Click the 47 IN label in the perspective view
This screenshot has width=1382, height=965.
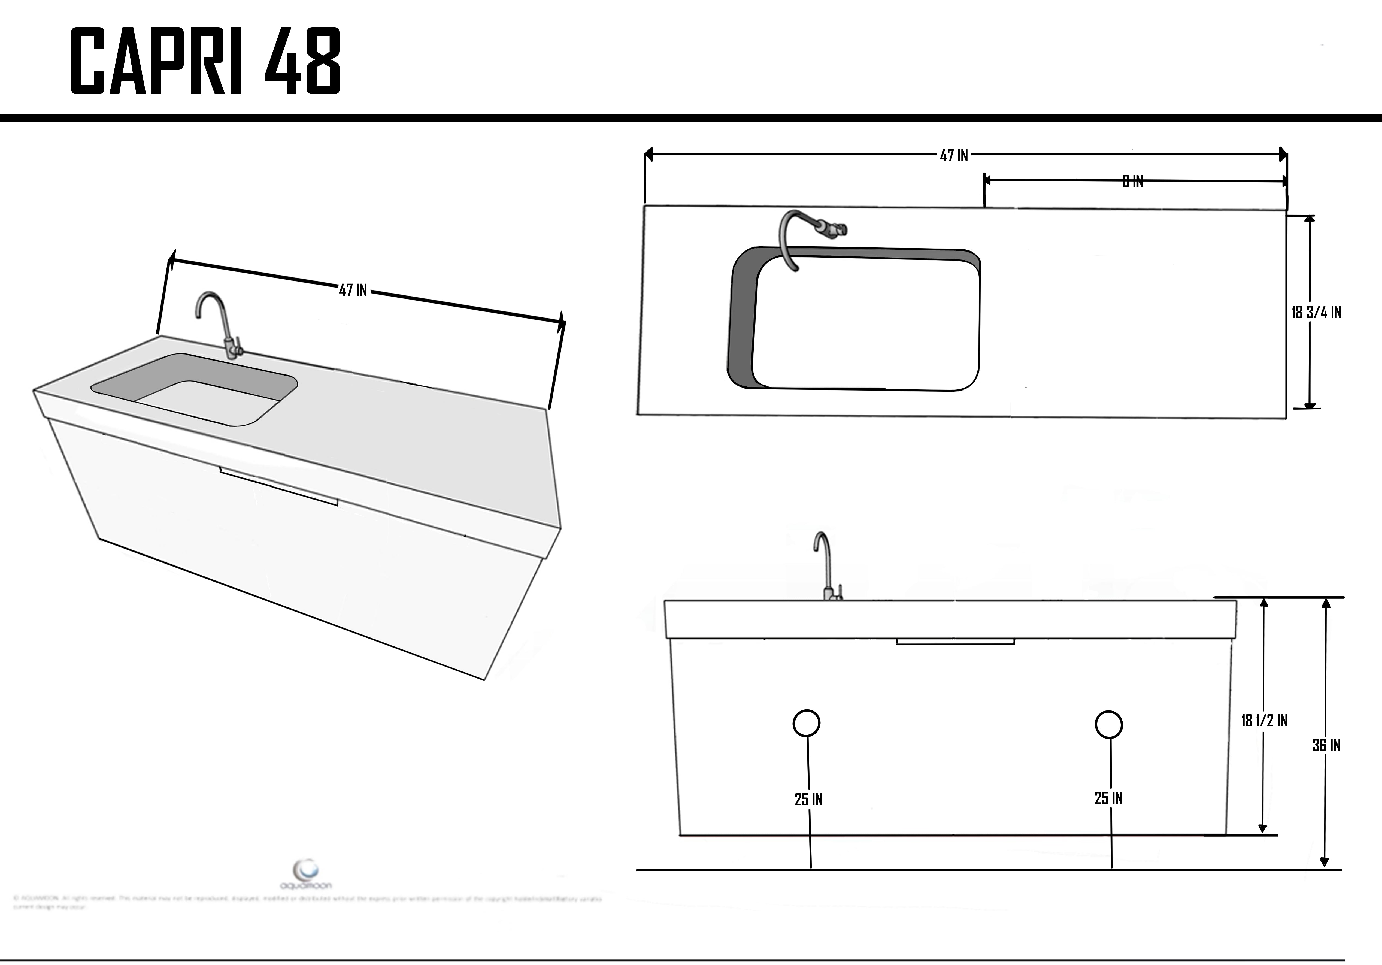coord(353,290)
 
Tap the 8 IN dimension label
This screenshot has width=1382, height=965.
coord(1132,181)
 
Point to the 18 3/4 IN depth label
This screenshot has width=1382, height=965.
coord(1316,312)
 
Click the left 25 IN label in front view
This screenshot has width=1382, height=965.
coord(808,800)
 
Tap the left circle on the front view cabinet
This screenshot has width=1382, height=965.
coord(806,723)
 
